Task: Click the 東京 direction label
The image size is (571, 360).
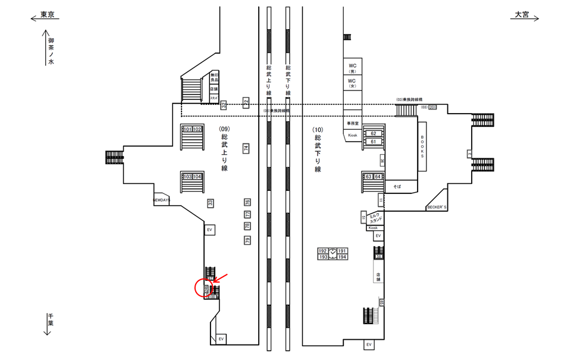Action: pyautogui.click(x=47, y=15)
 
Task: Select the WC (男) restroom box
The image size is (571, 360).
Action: pyautogui.click(x=352, y=67)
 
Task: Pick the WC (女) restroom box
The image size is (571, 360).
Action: pyautogui.click(x=352, y=83)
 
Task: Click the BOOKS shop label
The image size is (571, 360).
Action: pyautogui.click(x=422, y=146)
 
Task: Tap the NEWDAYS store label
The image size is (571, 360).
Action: pyautogui.click(x=161, y=201)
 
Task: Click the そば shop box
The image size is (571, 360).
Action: pyautogui.click(x=397, y=186)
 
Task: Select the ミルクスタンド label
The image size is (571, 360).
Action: pyautogui.click(x=375, y=218)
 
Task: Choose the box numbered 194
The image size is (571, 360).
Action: pyautogui.click(x=342, y=257)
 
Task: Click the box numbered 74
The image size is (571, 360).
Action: pyautogui.click(x=246, y=148)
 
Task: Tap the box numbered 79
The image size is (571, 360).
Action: pyautogui.click(x=247, y=240)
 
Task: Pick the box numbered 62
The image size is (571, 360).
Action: pyautogui.click(x=373, y=133)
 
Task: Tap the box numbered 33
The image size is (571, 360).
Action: pyautogui.click(x=210, y=203)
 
